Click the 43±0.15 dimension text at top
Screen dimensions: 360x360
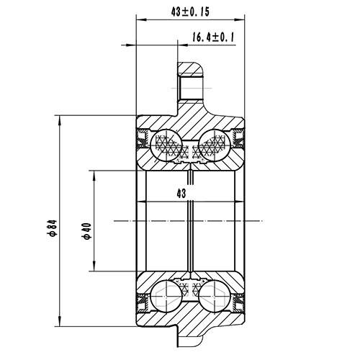click(190, 12)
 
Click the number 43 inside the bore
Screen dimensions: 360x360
click(181, 193)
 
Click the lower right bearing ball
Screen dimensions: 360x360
click(214, 294)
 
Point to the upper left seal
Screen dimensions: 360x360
click(143, 139)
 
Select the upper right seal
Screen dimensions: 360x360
click(238, 139)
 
